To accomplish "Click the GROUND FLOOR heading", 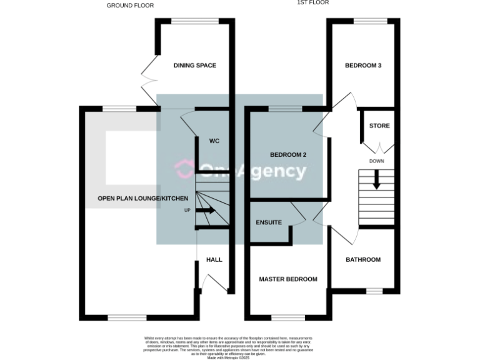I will point(130,6).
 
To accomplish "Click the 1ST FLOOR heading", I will point(312,2).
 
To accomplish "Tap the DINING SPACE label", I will point(194,65).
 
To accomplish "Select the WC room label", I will point(214,141).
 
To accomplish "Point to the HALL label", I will point(214,259).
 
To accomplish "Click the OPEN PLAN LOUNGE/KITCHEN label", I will point(142,198).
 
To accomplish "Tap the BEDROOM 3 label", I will point(363,65).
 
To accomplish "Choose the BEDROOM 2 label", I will point(288,154).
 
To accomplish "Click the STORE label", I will point(379,126).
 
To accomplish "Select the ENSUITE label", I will point(269,222).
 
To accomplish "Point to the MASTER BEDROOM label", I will point(288,279).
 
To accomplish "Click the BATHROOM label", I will point(363,259).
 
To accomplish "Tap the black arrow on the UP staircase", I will point(205,211).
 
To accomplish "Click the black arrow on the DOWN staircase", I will point(376,180).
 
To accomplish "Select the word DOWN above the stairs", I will point(376,161).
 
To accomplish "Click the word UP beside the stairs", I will point(187,211).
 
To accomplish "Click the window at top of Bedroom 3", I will point(364,21).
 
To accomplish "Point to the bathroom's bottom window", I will point(374,291).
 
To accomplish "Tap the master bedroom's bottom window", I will point(288,317).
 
